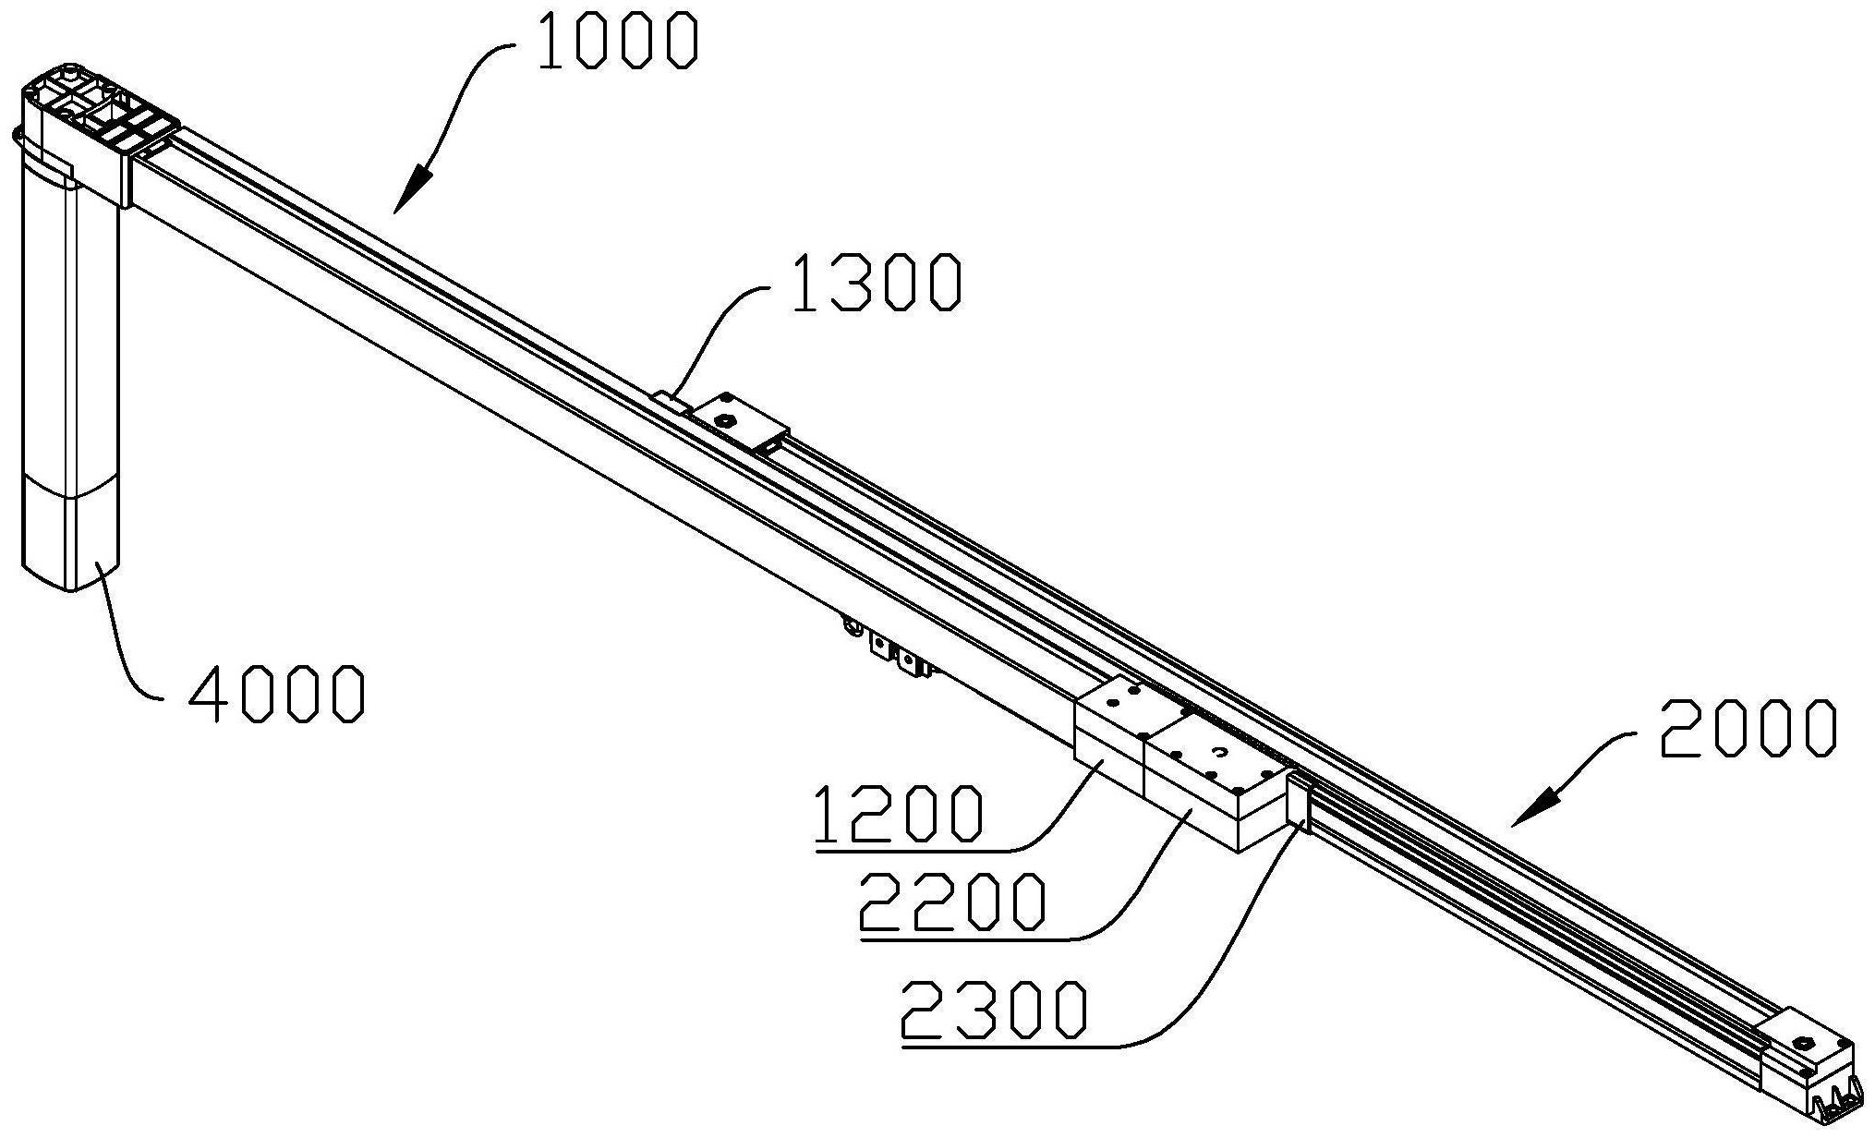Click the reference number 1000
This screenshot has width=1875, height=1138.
click(x=616, y=42)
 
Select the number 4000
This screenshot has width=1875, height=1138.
click(x=276, y=694)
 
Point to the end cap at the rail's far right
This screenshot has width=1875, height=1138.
click(x=1806, y=1071)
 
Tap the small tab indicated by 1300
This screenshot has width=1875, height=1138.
click(x=671, y=403)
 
